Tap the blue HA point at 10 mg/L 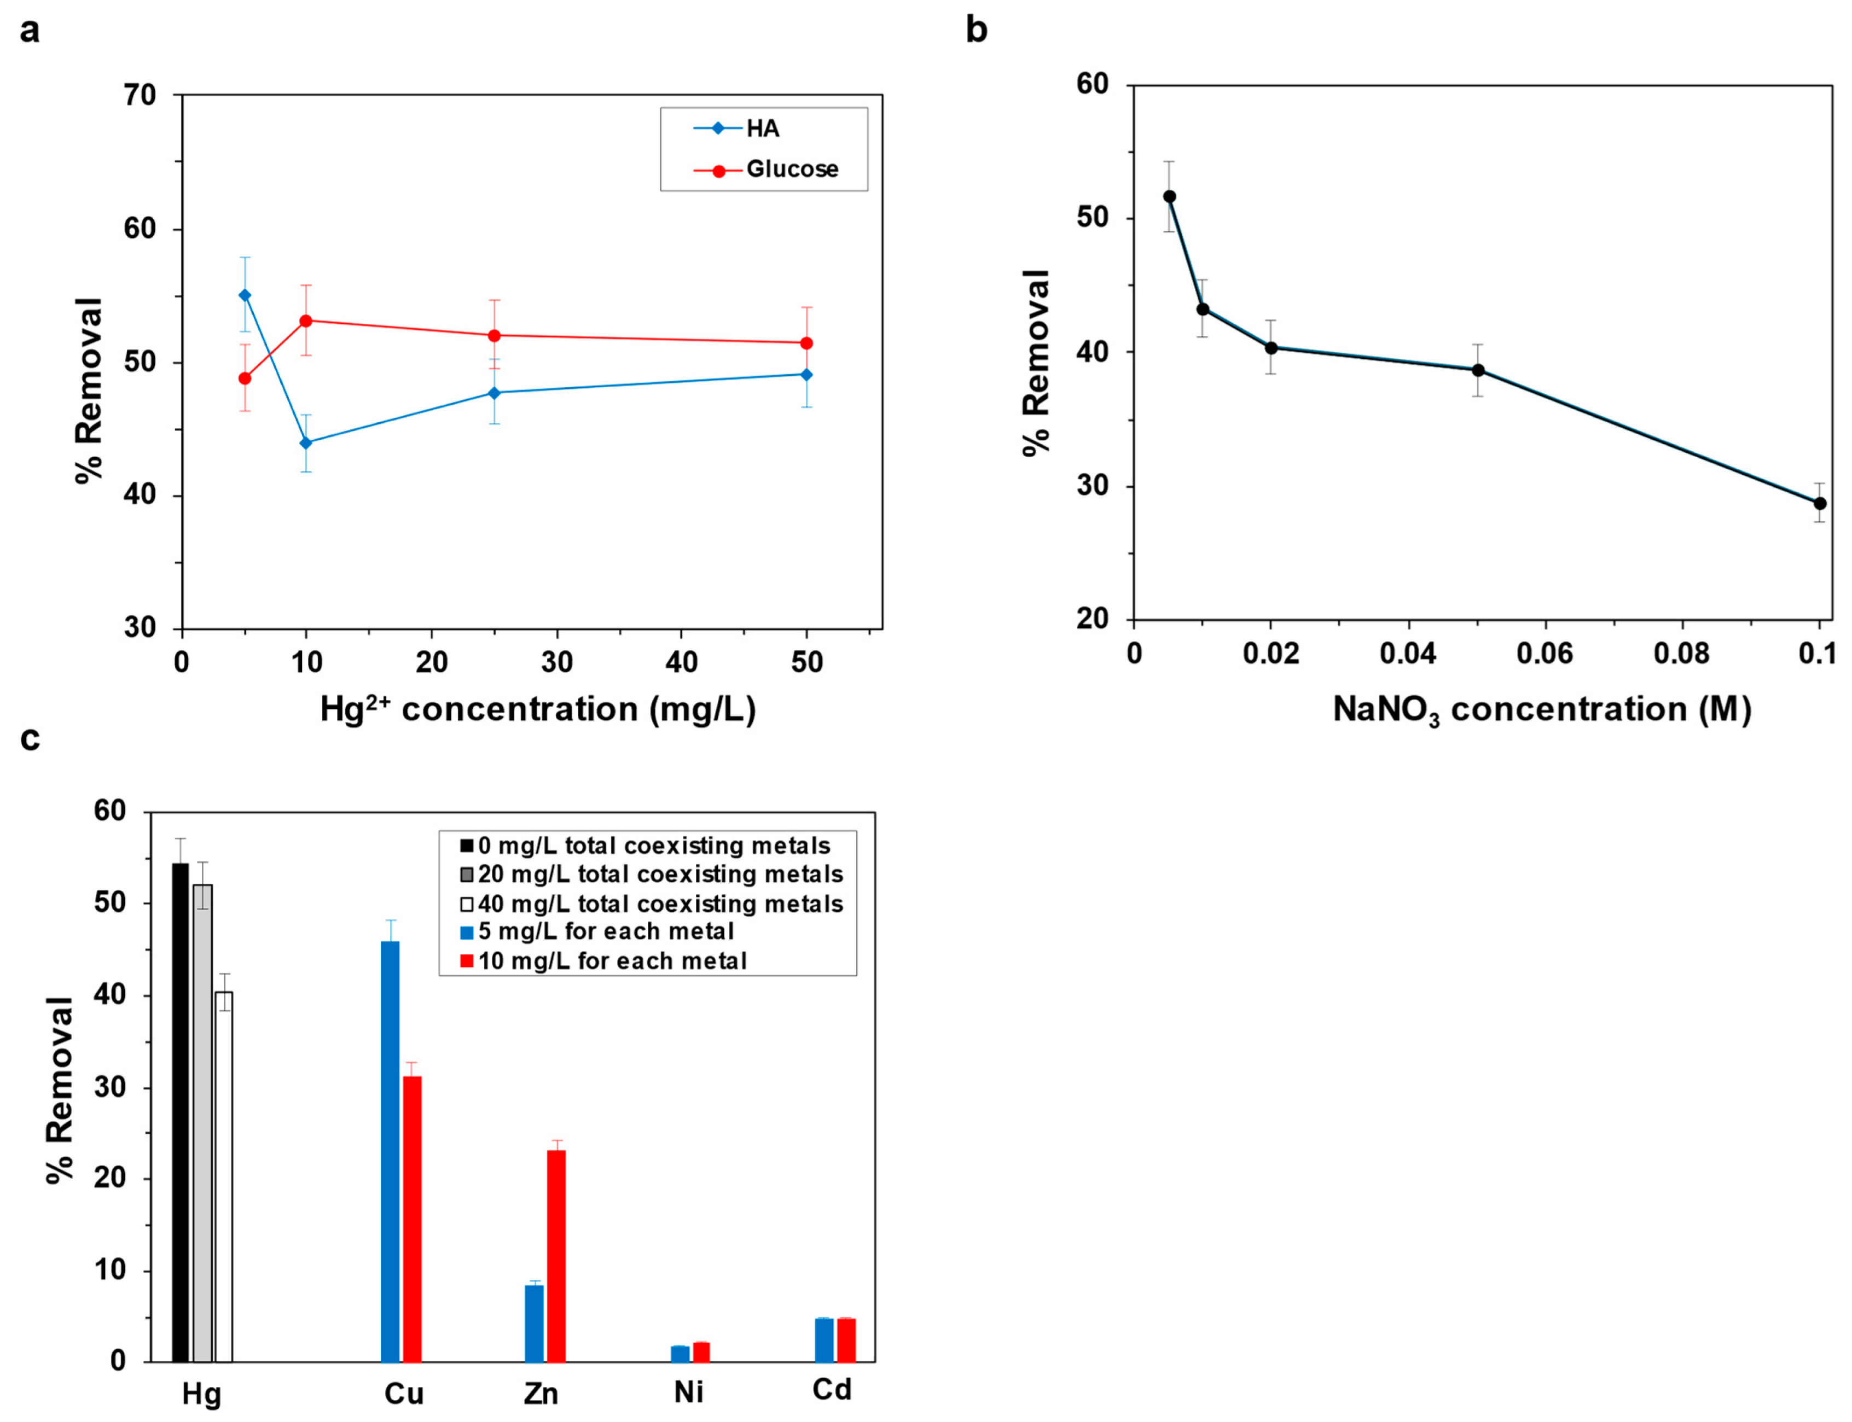click(306, 442)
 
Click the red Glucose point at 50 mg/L click(806, 343)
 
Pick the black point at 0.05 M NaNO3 click(1478, 370)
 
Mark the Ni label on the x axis click(688, 1392)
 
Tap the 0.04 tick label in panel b click(1407, 654)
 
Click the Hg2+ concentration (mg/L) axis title click(538, 708)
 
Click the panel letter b click(977, 31)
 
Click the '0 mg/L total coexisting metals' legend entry click(653, 846)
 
